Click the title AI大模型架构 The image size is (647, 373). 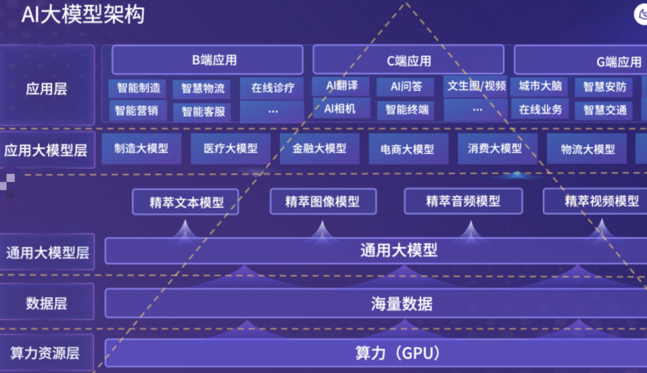click(83, 14)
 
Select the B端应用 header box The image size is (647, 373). click(207, 60)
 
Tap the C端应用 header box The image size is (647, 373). click(408, 60)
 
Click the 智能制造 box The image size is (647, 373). click(138, 88)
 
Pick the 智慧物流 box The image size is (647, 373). click(202, 89)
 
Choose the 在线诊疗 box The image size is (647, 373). click(273, 88)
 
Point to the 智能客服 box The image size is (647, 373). click(202, 111)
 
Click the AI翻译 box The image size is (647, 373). click(341, 86)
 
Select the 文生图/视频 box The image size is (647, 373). click(476, 86)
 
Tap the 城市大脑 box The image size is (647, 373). click(540, 86)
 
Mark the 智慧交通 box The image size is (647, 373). click(604, 110)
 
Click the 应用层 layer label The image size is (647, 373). click(47, 89)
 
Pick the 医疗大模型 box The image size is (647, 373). click(230, 148)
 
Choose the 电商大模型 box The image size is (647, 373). click(407, 149)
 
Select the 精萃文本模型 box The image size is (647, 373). click(186, 202)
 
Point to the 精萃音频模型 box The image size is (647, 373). click(462, 201)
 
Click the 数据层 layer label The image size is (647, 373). click(47, 303)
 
